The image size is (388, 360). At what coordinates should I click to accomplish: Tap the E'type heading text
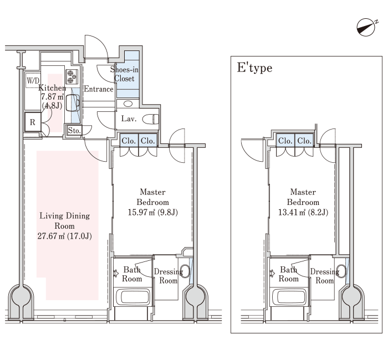(254, 68)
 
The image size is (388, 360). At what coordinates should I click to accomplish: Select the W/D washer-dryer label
(33, 81)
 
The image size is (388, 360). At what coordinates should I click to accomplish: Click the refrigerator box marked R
(33, 122)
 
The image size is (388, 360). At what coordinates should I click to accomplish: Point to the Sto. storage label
(74, 130)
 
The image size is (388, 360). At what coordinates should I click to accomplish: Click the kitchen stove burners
(72, 76)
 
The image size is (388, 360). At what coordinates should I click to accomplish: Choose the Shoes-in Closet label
(124, 74)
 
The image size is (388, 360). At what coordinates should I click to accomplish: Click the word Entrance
(99, 89)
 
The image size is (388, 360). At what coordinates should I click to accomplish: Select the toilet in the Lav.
(150, 119)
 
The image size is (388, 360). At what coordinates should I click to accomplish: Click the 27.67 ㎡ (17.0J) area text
(65, 236)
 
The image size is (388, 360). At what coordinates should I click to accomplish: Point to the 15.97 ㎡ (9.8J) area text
(152, 212)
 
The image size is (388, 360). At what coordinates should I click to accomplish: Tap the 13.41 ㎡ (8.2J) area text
(303, 212)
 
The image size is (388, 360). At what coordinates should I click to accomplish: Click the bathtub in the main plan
(133, 297)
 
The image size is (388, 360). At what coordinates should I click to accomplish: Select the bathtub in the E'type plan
(289, 297)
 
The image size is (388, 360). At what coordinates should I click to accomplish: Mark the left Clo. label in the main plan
(129, 141)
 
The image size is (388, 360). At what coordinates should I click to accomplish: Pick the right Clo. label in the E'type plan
(304, 141)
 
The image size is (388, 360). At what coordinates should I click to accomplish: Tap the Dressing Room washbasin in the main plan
(185, 271)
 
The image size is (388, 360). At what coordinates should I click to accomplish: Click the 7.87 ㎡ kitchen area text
(52, 97)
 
